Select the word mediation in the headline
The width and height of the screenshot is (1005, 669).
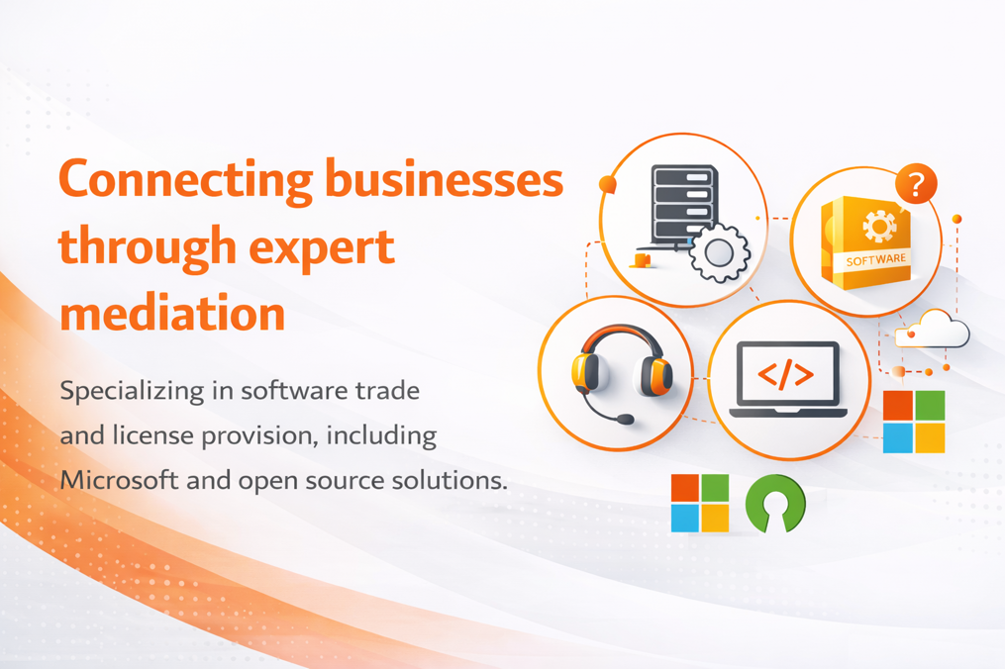(172, 313)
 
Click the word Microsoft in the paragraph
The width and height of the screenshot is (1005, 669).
(119, 479)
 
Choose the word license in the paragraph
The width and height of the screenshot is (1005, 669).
(153, 435)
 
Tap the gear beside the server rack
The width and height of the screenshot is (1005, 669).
(719, 253)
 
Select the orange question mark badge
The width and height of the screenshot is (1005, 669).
(916, 184)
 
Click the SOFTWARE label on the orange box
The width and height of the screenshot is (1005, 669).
(875, 259)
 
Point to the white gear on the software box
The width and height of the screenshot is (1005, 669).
(879, 226)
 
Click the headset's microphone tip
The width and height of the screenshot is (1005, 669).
(624, 420)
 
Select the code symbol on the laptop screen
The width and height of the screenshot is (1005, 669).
(786, 373)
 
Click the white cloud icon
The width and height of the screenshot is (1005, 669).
(933, 329)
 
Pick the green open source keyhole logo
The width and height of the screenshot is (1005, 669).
(775, 504)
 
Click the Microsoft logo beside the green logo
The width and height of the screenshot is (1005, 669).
(700, 503)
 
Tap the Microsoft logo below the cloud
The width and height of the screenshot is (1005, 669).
(914, 422)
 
